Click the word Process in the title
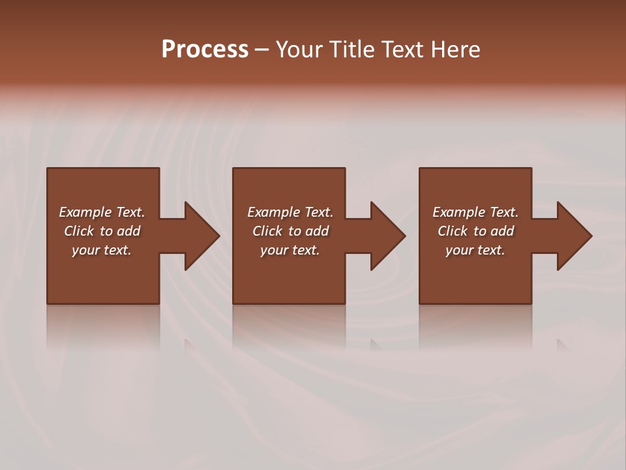pos(205,50)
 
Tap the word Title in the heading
pos(353,50)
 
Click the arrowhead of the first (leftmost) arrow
pos(201,236)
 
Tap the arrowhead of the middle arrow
pos(387,236)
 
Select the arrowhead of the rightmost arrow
pos(574,236)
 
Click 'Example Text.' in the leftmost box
pos(102,212)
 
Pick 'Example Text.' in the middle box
pos(290,212)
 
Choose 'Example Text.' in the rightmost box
pos(475,212)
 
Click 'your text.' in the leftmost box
pos(102,250)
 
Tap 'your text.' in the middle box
pos(290,250)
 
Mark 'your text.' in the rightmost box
pos(475,250)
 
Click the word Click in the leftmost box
pos(79,231)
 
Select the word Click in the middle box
pos(267,231)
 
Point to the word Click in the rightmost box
pos(453,231)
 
